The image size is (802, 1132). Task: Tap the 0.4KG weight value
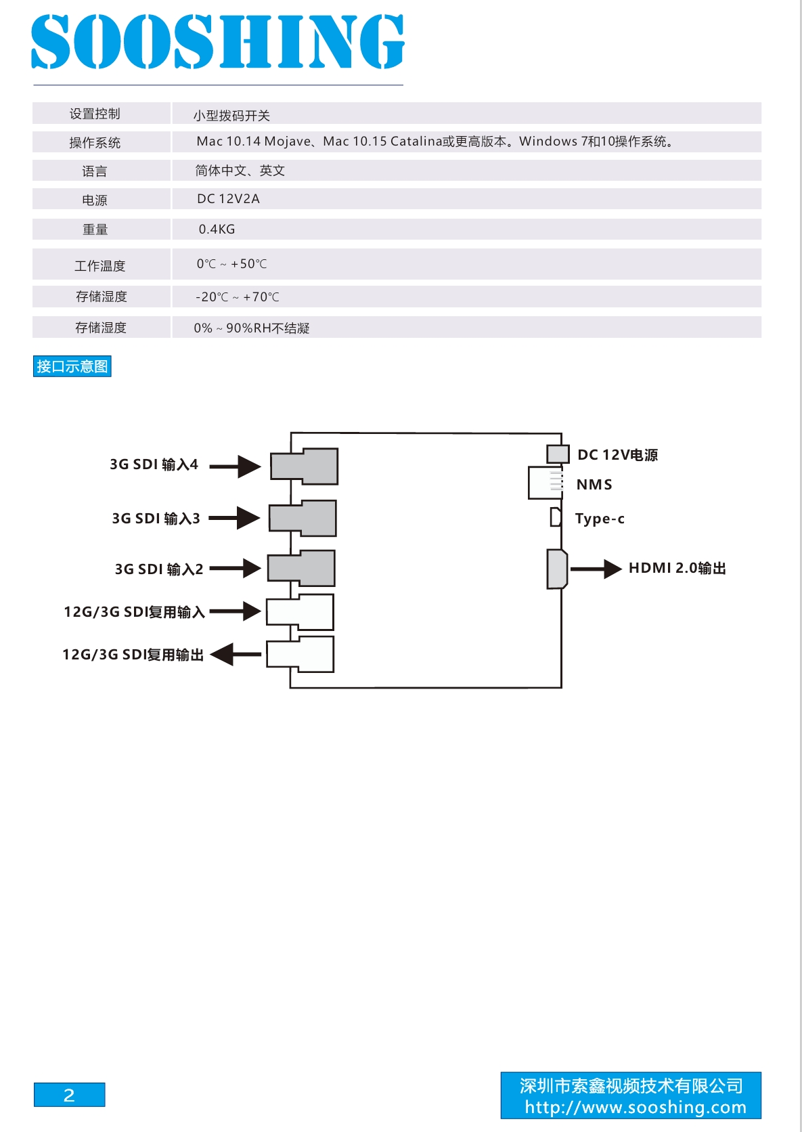pos(217,230)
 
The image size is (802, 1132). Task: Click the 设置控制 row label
pos(95,114)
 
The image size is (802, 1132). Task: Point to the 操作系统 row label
pos(95,143)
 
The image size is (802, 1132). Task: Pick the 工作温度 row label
pos(100,266)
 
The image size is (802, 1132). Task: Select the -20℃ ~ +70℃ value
pos(238,297)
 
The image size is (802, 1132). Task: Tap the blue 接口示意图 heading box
pos(72,366)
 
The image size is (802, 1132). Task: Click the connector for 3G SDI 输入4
pos(304,466)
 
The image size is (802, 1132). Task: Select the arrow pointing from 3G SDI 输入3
pos(235,518)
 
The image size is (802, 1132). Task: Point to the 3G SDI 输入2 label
pos(159,569)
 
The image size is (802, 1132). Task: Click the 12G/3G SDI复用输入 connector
pos(300,612)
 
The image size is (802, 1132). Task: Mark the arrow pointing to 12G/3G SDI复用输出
pos(236,655)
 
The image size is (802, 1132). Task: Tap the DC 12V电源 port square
pos(558,454)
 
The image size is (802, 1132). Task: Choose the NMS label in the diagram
pos(594,485)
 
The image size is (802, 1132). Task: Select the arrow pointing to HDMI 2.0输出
pos(596,569)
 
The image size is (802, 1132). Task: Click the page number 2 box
pos(70,1095)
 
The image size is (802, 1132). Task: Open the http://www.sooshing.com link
pos(636,1107)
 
